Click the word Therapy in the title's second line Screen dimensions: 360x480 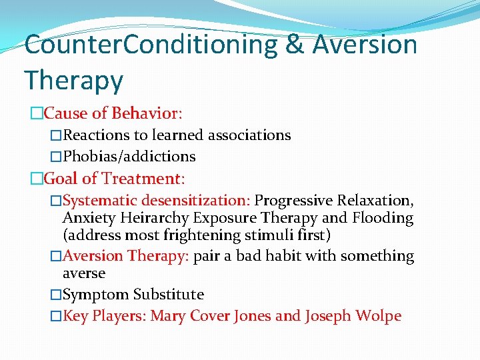click(x=74, y=81)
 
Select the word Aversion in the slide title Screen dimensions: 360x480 click(x=365, y=45)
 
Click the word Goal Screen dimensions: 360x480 click(x=60, y=178)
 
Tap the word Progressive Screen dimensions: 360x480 click(x=294, y=200)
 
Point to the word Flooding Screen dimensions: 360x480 click(x=383, y=217)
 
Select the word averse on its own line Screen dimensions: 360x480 click(x=84, y=273)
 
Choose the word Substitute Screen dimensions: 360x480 click(x=169, y=295)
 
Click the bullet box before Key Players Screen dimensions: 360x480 click(x=56, y=316)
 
